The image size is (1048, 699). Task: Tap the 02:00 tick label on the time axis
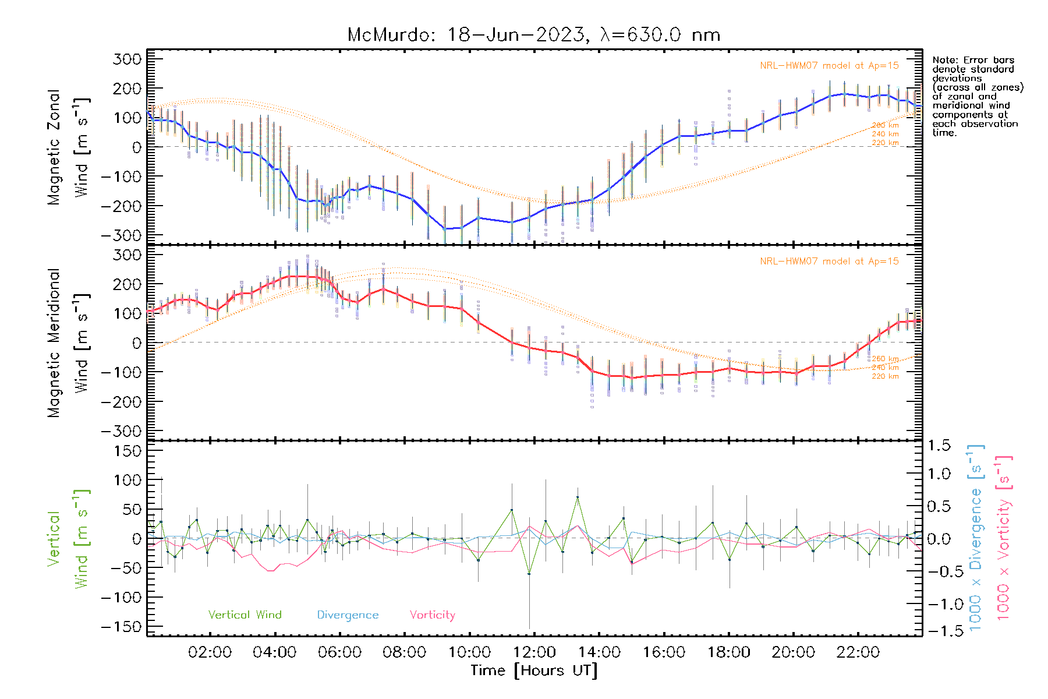click(210, 652)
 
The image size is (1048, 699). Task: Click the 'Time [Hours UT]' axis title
click(534, 670)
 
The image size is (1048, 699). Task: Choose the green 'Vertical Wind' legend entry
click(245, 615)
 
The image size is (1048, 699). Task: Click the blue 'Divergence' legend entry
click(348, 615)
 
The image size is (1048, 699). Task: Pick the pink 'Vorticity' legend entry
click(432, 615)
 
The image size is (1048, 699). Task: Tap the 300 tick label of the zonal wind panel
click(127, 59)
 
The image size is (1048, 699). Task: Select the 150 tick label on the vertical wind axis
click(127, 451)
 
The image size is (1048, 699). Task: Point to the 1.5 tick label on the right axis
click(939, 446)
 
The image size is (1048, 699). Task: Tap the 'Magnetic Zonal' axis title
click(54, 147)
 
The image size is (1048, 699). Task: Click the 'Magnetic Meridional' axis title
click(54, 343)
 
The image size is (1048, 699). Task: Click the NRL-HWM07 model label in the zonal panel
click(829, 66)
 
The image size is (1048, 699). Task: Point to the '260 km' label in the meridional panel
click(885, 359)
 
